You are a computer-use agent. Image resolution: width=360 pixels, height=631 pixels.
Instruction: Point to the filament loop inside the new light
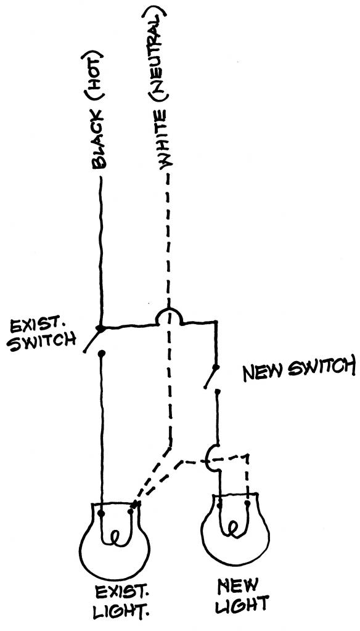coord(233,527)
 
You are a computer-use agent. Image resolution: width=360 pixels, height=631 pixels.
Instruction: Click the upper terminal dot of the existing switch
coord(100,329)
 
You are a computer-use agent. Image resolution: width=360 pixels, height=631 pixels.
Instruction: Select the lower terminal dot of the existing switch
coord(102,354)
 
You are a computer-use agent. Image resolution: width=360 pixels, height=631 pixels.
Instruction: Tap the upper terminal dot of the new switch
coord(216,367)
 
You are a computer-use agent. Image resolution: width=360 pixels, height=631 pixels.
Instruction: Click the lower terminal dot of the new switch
coord(217,391)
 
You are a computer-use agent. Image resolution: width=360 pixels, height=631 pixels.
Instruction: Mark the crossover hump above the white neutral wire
coord(169,309)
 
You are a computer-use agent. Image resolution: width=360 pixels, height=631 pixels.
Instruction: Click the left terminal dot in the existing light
coord(101,513)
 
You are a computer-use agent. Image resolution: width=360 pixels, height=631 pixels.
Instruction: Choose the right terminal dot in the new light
coord(247,503)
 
